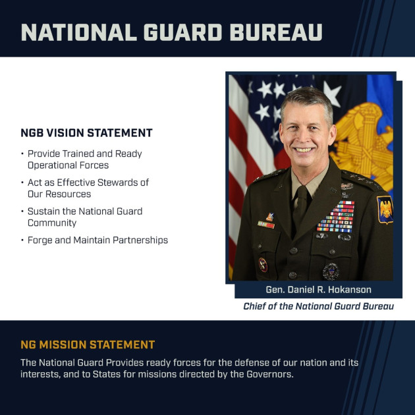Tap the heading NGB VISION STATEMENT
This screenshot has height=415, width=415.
pyautogui.click(x=86, y=133)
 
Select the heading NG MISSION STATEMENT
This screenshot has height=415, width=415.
pyautogui.click(x=88, y=345)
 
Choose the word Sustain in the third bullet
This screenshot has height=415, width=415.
pyautogui.click(x=43, y=211)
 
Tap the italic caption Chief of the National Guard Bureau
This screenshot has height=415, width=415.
pyautogui.click(x=318, y=306)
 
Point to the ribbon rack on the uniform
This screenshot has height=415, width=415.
pyautogui.click(x=335, y=217)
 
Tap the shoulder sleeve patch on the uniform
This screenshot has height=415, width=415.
pyautogui.click(x=385, y=209)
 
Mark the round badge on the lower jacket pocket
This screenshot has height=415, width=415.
pyautogui.click(x=331, y=270)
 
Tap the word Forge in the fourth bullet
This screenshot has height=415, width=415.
pyautogui.click(x=40, y=240)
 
